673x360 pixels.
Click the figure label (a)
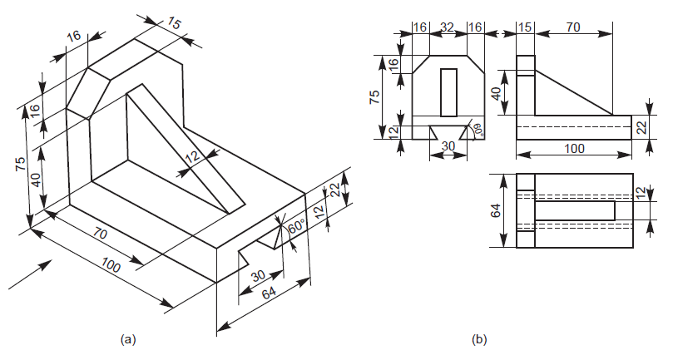[126, 339]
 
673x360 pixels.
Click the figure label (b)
[479, 339]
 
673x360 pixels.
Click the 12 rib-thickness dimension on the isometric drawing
[193, 157]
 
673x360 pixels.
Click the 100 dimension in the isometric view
[111, 267]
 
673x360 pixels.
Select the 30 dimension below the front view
[448, 146]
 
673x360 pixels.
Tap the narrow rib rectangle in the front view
[448, 91]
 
